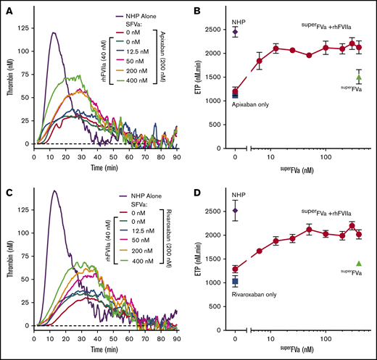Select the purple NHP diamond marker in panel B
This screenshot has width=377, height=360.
[x=235, y=31]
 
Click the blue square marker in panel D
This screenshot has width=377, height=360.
[x=235, y=280]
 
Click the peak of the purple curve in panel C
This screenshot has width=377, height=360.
[x=54, y=191]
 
